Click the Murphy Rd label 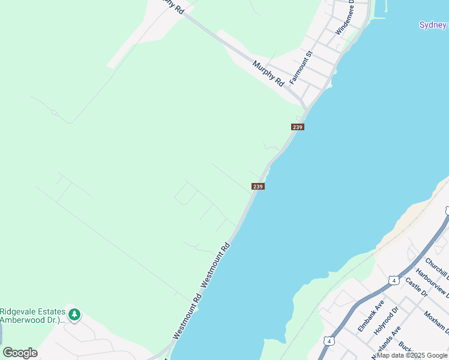click(268, 73)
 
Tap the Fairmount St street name click(301, 67)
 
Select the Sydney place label click(433, 25)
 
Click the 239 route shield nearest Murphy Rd click(298, 127)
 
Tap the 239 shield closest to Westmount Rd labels click(258, 187)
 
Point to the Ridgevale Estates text click(32, 311)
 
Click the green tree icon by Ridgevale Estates click(74, 314)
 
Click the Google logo click(20, 353)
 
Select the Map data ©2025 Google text click(412, 355)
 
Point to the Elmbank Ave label click(370, 316)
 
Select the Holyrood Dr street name click(387, 320)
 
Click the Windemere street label click(346, 18)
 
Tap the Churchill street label click(436, 269)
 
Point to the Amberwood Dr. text click(32, 320)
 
